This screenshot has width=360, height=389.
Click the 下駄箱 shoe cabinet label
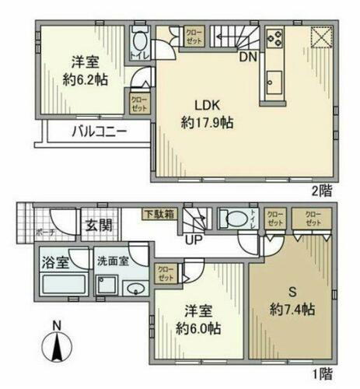click(x=159, y=213)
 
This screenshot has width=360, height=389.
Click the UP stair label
click(x=194, y=239)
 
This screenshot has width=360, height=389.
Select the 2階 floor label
click(x=324, y=189)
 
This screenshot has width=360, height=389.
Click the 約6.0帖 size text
click(x=199, y=328)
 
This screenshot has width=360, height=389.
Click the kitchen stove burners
click(x=274, y=37)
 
